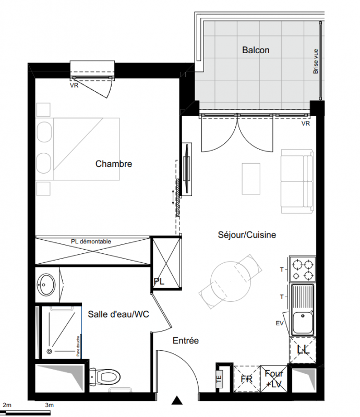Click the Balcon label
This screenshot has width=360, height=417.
(256, 50)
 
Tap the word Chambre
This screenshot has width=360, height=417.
(114, 164)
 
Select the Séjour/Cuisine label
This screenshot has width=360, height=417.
(247, 235)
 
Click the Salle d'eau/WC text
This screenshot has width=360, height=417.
(118, 314)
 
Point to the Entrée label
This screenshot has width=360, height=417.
(186, 340)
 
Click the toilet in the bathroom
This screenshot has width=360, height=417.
(105, 376)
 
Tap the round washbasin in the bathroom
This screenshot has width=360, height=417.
(46, 284)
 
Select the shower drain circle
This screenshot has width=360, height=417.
(49, 351)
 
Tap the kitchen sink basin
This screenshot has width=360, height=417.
(303, 323)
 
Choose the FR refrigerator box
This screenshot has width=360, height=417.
(247, 379)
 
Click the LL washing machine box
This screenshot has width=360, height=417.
(303, 350)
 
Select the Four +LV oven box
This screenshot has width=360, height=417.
(274, 379)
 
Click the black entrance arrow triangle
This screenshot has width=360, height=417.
(176, 400)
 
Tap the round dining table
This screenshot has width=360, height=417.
(231, 281)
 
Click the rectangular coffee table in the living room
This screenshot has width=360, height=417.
(251, 179)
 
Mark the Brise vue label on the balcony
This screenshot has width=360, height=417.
(316, 61)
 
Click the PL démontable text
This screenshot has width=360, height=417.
(91, 241)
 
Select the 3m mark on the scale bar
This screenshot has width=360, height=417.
(49, 405)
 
